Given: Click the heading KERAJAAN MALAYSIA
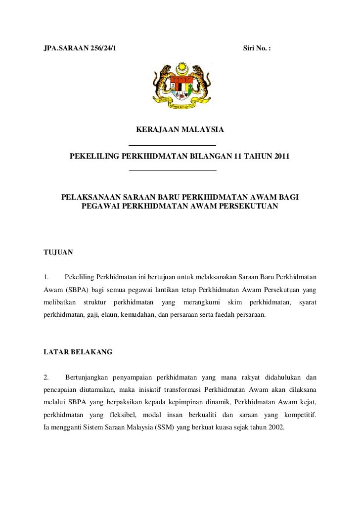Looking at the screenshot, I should tap(180, 130).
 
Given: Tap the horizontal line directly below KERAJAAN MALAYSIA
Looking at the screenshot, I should tap(172, 145).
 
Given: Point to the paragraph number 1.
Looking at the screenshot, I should tap(46, 275).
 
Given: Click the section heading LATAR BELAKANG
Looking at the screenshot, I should tap(78, 352).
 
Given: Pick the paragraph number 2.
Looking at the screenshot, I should tap(46, 378).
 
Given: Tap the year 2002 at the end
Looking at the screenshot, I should tap(275, 429).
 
